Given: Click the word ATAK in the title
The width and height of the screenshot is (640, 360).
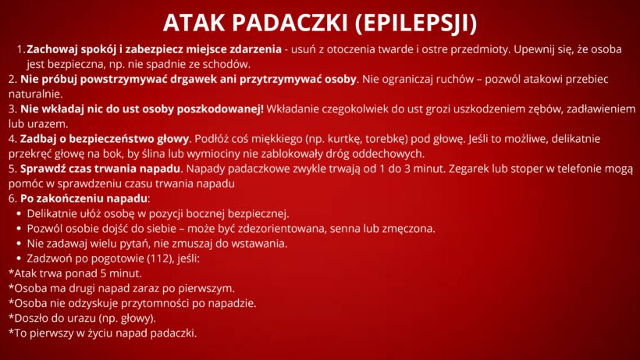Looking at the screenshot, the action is pos(194,23).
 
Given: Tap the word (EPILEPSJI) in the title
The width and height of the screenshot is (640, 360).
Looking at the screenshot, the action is pos(416,23).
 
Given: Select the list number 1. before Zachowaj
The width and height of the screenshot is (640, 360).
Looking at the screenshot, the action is pos(21,49).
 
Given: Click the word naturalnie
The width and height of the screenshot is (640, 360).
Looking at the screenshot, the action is pos(35,94).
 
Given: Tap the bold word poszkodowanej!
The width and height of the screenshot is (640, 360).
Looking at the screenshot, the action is pos(220,109).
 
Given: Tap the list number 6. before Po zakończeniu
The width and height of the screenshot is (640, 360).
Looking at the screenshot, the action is pos(12,199).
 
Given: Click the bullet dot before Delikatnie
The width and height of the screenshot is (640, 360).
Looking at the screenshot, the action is pos(19,213).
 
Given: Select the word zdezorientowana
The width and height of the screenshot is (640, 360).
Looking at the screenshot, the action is pos(282,229).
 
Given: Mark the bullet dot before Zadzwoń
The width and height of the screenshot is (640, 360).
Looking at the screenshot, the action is pos(19,258).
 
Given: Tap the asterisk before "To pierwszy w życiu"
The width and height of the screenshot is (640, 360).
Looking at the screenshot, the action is pos(12,331).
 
